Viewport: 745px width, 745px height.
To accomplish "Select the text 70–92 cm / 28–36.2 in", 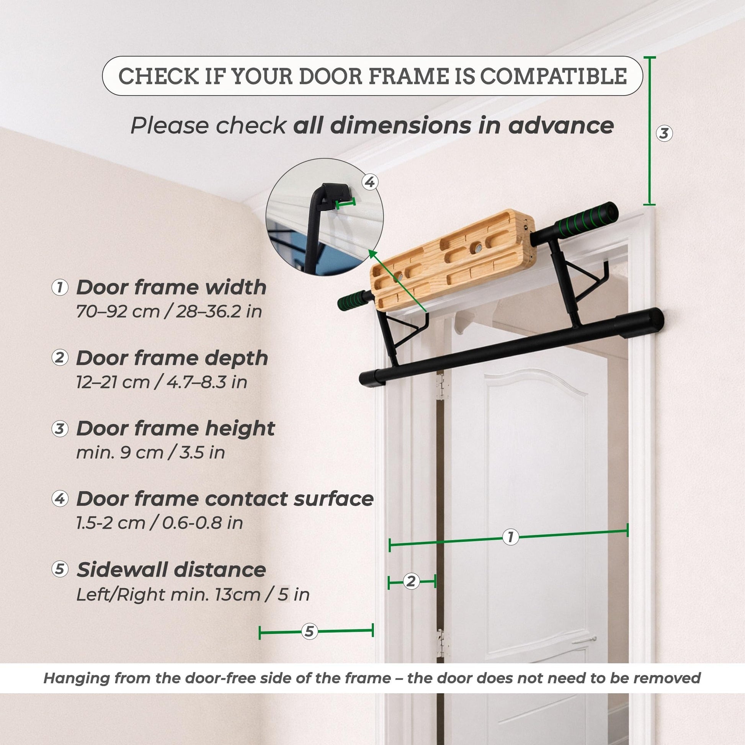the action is click(x=169, y=312).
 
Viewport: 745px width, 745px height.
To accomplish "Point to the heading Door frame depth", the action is click(x=172, y=358).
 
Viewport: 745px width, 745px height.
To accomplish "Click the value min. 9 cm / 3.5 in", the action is click(x=150, y=453).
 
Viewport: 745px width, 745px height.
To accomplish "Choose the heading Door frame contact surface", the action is click(x=225, y=498).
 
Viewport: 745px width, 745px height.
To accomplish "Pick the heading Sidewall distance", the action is click(x=171, y=570).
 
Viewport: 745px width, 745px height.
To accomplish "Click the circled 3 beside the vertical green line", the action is click(x=664, y=134).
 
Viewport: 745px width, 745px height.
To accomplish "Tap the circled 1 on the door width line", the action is click(x=511, y=537).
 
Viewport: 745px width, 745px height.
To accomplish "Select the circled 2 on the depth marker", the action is click(x=411, y=581).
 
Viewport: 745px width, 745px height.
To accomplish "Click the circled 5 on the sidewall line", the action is click(x=309, y=631).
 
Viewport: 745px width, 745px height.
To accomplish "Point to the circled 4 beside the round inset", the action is click(x=370, y=182).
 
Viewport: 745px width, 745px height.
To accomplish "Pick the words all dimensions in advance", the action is click(x=453, y=126).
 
